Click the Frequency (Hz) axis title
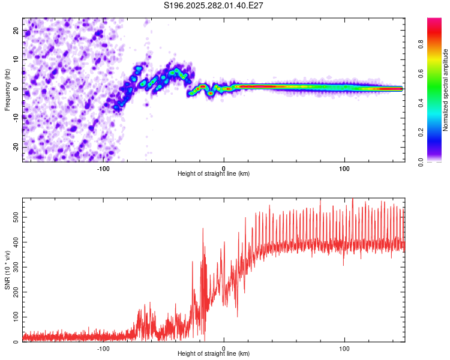7,89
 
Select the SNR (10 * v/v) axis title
7,270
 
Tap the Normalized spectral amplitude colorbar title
446,90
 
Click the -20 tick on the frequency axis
16,147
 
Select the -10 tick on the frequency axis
16,118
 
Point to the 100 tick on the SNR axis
14,317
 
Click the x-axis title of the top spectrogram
214,174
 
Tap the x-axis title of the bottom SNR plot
214,354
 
